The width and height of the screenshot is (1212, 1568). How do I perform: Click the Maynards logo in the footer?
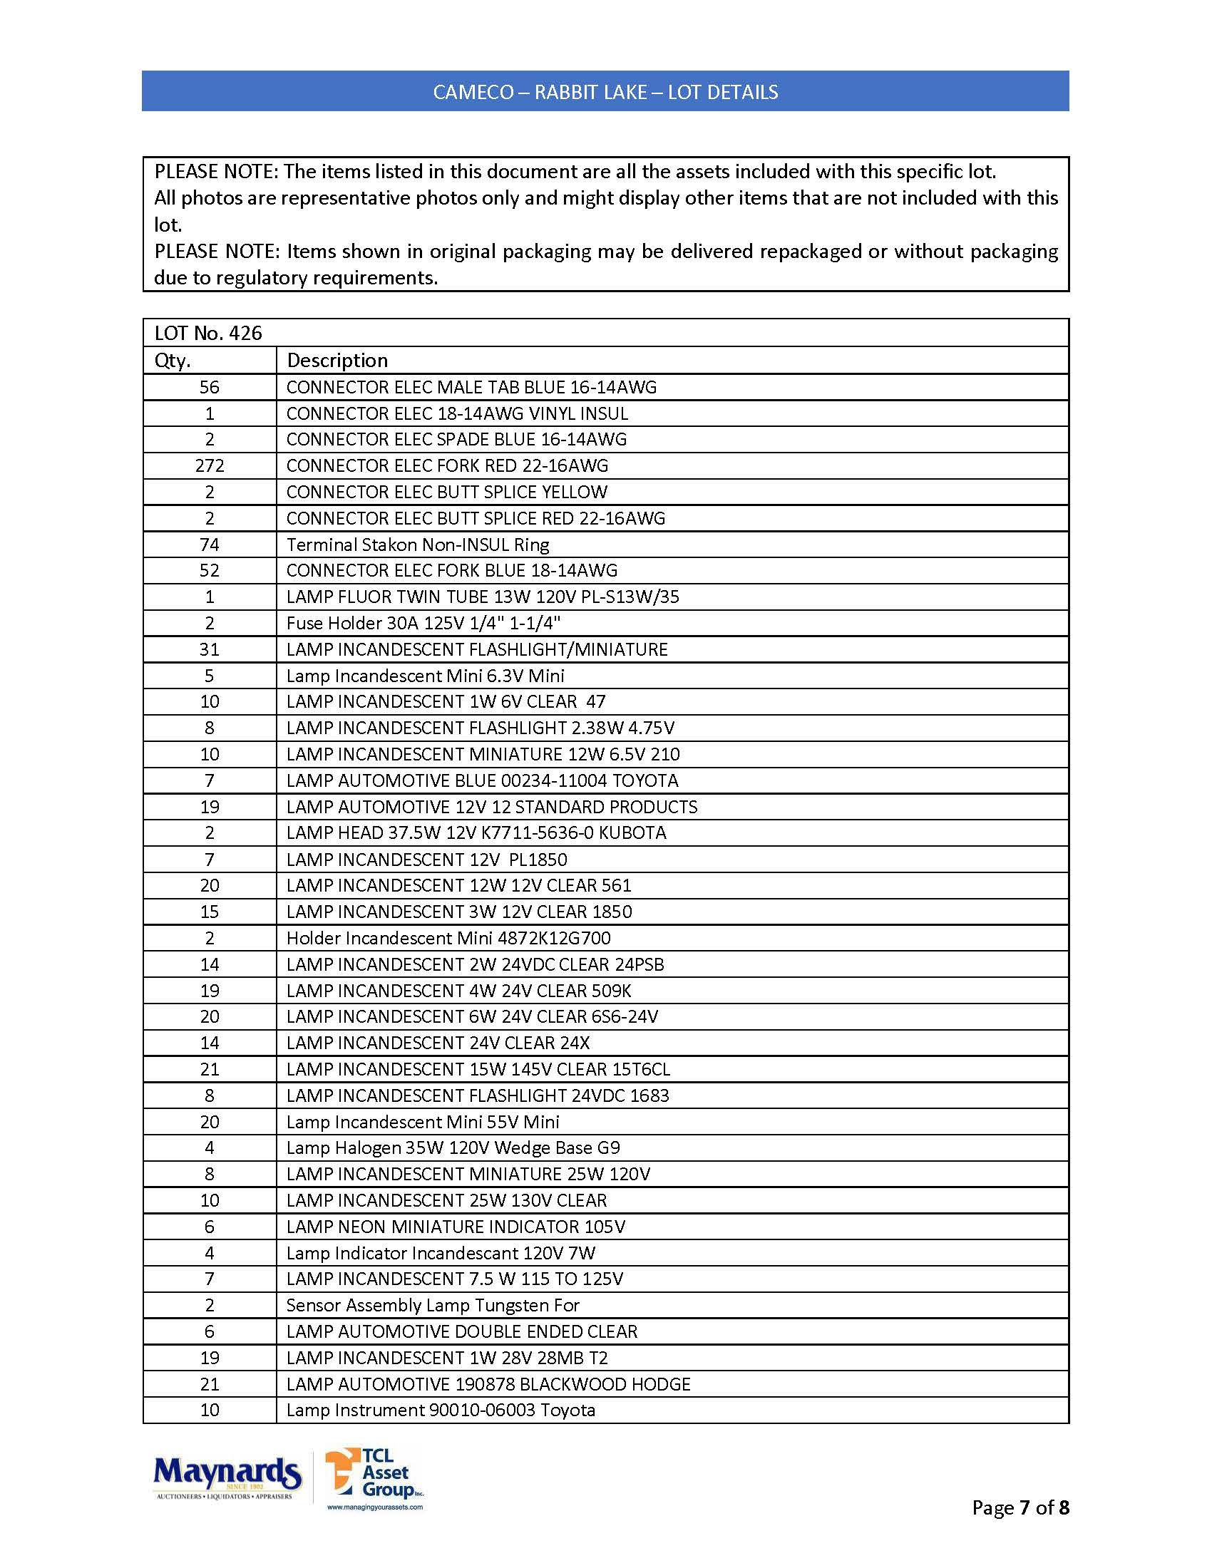(227, 1476)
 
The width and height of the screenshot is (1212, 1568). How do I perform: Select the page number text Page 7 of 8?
(1020, 1507)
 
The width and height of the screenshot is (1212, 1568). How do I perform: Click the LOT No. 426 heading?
(208, 333)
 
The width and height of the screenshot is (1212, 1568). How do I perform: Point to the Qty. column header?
(173, 361)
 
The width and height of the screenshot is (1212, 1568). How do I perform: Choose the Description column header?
(337, 361)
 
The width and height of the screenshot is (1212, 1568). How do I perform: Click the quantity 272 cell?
(210, 466)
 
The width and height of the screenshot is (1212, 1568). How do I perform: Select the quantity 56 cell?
(210, 388)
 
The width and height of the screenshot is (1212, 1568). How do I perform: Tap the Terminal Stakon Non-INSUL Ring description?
(417, 545)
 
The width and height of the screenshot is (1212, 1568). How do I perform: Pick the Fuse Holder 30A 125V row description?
(423, 623)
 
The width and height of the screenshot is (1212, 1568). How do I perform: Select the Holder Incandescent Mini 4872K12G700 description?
(448, 939)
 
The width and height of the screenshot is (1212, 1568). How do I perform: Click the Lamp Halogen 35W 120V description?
(452, 1148)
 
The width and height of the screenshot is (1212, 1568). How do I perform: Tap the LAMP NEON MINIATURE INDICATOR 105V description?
(456, 1227)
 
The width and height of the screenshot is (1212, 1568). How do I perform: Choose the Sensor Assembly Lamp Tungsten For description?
(432, 1305)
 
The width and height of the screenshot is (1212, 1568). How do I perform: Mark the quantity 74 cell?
(210, 545)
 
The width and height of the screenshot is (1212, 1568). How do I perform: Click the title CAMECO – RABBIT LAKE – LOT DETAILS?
(605, 92)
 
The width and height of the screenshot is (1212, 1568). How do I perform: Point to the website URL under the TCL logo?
(375, 1507)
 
